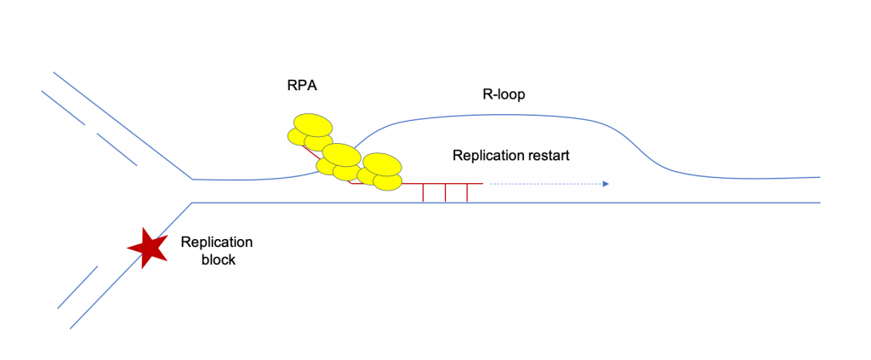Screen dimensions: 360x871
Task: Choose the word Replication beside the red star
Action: tap(217, 243)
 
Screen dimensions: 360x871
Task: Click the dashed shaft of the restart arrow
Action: tap(544, 183)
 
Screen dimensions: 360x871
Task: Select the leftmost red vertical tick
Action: tap(424, 193)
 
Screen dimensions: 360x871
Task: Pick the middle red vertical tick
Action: tap(446, 193)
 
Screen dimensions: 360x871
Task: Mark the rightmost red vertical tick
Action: tap(467, 193)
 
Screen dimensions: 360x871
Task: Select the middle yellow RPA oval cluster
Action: tap(340, 161)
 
